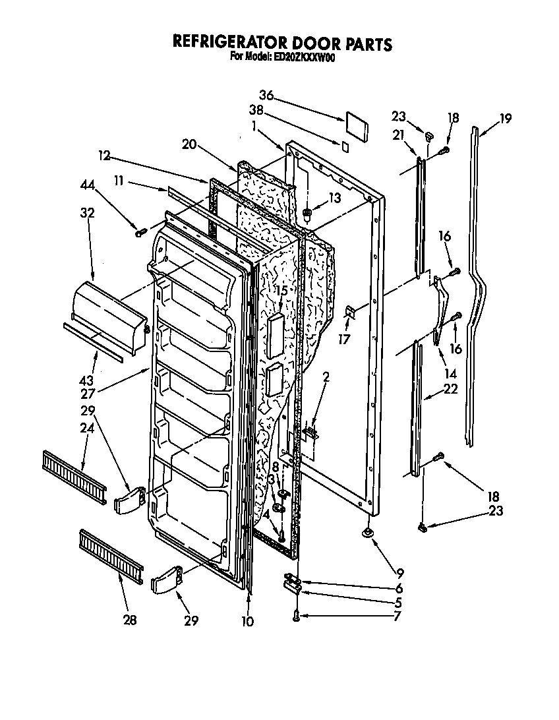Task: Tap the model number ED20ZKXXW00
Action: [x=302, y=57]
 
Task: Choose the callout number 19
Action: [x=505, y=119]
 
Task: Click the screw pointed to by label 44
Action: [x=140, y=231]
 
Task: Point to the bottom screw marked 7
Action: [x=296, y=615]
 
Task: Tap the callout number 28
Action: [x=130, y=620]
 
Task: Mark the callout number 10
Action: [x=249, y=620]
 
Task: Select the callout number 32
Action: [x=88, y=213]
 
